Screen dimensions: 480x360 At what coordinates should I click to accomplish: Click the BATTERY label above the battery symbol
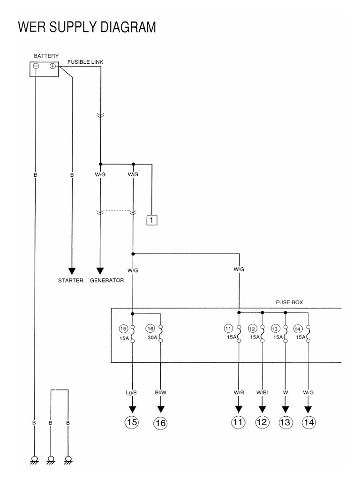[x=46, y=56]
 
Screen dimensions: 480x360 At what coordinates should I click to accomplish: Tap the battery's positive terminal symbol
[x=52, y=66]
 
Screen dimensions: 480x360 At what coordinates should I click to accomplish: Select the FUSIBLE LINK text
[x=86, y=62]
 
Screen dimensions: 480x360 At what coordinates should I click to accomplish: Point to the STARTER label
[x=71, y=281]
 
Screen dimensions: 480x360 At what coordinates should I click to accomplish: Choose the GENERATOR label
[x=107, y=281]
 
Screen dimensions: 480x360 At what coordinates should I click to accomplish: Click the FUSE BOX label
[x=289, y=302]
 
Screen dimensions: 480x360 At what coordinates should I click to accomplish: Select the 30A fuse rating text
[x=151, y=337]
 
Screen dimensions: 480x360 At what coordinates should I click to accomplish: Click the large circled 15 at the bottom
[x=133, y=422]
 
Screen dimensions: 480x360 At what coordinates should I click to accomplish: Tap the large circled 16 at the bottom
[x=160, y=423]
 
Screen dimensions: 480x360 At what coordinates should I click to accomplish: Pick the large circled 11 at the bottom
[x=239, y=422]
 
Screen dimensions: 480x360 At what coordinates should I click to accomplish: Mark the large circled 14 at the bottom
[x=308, y=422]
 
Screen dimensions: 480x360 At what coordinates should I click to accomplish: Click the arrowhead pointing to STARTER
[x=72, y=271]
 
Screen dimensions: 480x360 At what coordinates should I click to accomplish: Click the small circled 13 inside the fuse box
[x=276, y=328]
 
